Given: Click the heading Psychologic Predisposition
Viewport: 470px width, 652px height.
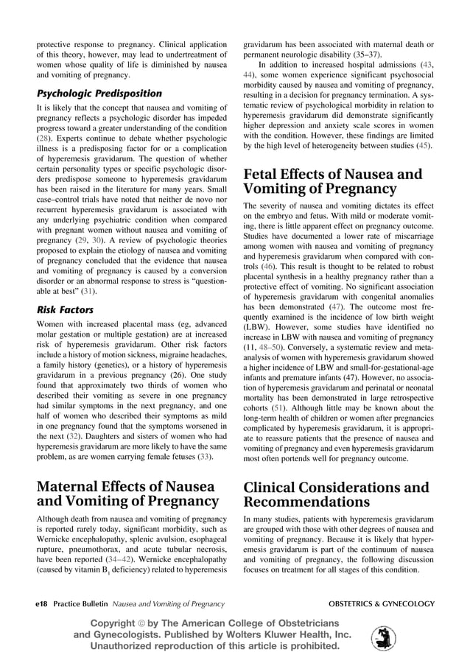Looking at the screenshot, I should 99,94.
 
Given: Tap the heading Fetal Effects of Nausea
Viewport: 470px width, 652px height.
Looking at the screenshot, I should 333,181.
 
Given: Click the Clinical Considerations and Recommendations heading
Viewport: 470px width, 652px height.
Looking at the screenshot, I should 336,494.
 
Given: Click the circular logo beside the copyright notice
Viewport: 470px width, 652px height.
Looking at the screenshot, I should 383,637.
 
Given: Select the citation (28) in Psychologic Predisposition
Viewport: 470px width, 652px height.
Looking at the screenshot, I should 44,137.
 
